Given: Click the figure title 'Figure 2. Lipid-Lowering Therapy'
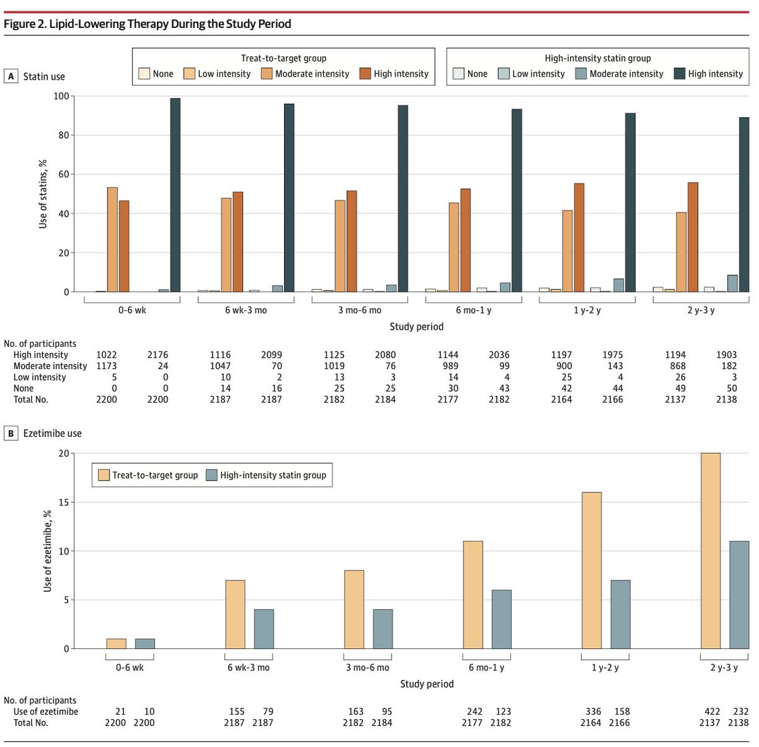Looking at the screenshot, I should (147, 24).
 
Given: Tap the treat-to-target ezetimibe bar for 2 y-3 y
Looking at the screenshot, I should (710, 551).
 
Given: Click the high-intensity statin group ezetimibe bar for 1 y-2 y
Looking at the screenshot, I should (620, 614).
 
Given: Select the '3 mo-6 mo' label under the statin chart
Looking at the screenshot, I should (359, 310).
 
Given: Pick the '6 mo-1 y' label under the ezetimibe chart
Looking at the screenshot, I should (486, 667).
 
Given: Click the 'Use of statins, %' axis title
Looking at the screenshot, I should (43, 194).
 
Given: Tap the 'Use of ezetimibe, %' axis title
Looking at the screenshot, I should (47, 551).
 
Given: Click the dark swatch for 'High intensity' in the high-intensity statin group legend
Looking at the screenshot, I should (679, 73).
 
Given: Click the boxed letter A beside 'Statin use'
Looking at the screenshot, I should (11, 76).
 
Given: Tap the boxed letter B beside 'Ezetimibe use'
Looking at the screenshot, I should (11, 433).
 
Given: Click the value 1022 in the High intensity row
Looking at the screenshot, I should (106, 355).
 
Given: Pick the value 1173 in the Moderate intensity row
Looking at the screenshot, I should (106, 366).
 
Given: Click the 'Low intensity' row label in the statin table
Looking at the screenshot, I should (40, 377).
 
